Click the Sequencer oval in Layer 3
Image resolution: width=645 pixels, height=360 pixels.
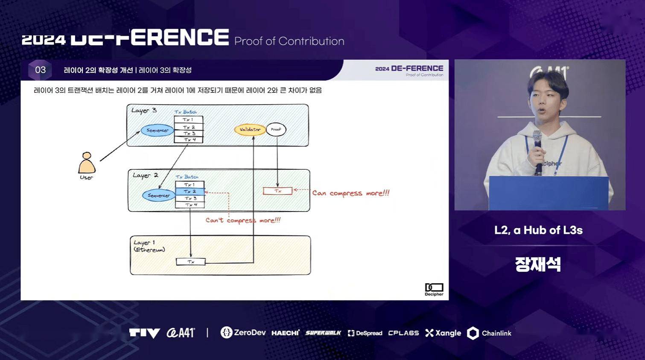(157, 131)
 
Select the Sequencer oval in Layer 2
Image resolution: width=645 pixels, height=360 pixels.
(158, 195)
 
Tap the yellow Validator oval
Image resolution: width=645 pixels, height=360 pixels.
(250, 130)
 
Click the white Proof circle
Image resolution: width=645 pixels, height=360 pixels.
(276, 130)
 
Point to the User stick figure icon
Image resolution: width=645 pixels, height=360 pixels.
(87, 163)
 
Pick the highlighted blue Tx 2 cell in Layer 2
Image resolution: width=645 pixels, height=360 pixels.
(190, 192)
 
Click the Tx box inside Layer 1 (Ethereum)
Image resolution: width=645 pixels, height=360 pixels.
(191, 262)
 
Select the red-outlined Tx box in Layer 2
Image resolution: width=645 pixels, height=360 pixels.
(278, 191)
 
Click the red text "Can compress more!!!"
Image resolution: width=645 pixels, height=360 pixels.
(350, 193)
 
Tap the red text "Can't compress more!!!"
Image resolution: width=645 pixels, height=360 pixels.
(243, 220)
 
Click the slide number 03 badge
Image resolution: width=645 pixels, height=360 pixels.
(40, 70)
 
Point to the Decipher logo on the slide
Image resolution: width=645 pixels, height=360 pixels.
(434, 289)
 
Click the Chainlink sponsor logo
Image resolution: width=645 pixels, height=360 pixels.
(490, 333)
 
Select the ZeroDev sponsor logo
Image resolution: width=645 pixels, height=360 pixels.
(243, 333)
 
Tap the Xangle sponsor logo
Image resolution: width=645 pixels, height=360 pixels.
(443, 333)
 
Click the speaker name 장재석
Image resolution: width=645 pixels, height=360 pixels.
(538, 264)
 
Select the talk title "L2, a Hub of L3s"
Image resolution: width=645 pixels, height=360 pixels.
(538, 230)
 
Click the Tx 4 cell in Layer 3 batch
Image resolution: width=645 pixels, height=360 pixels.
(189, 139)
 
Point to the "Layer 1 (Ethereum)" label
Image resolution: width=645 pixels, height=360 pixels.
(149, 246)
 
